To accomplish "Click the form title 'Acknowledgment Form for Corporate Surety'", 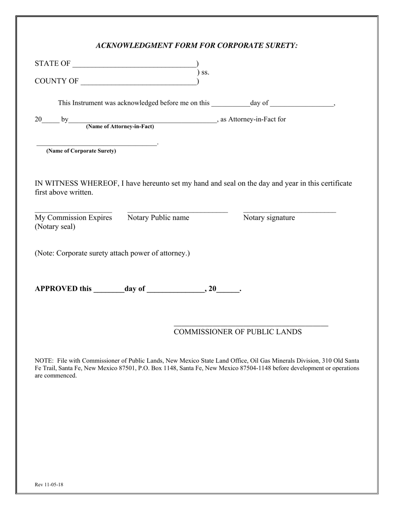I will (197, 46).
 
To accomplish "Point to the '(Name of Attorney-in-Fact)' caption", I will (120, 127).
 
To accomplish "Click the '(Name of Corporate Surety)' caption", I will (81, 151).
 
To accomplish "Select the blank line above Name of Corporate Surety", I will (97, 144).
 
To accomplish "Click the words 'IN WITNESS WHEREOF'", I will (75, 183).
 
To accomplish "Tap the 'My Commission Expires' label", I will (73, 218).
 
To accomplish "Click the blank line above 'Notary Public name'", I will (178, 211).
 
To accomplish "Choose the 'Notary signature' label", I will (269, 218).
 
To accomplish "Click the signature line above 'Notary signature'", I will (289, 211).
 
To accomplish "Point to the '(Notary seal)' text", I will (55, 227).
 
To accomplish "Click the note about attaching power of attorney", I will (112, 253).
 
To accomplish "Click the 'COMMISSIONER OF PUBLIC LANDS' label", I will (238, 332).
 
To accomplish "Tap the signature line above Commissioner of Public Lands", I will (251, 325).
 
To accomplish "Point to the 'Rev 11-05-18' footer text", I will (49, 485).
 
